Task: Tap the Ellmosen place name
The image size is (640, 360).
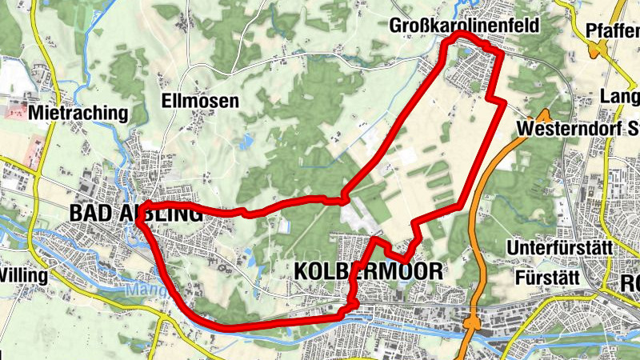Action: (200, 102)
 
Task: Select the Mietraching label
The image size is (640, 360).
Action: (78, 114)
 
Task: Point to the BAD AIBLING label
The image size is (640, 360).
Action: (136, 214)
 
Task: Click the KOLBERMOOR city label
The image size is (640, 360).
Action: (368, 271)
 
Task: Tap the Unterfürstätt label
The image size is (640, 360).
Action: (560, 248)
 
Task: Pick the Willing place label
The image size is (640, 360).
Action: (24, 275)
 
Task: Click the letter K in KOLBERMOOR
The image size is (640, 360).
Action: (302, 271)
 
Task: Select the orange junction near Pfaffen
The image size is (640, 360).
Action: (596, 50)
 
